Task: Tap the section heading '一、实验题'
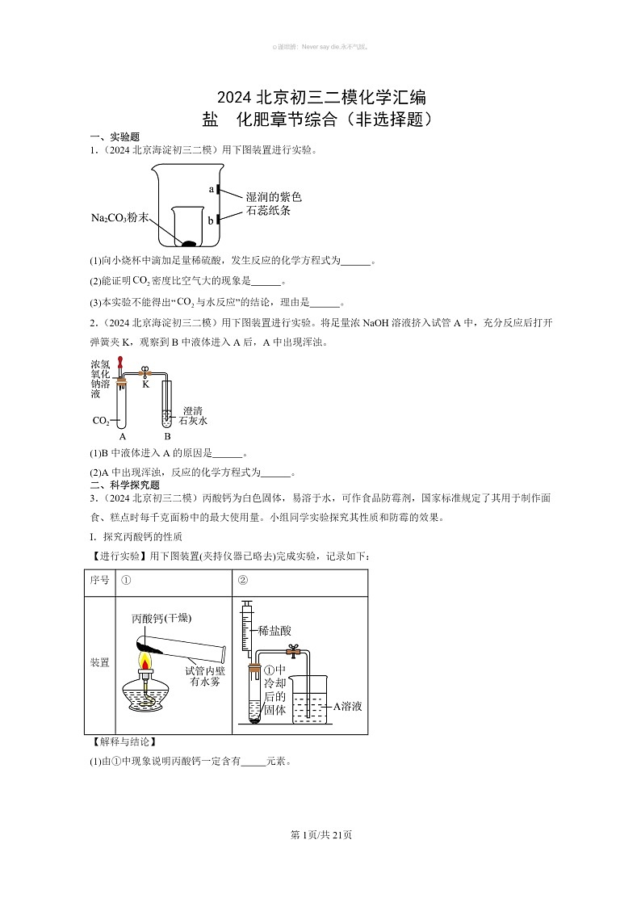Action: [x=115, y=137]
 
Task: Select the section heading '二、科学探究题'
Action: [x=124, y=485]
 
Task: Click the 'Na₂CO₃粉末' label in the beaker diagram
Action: [x=120, y=218]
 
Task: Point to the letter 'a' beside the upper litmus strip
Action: [x=211, y=189]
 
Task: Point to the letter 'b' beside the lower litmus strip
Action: [x=211, y=220]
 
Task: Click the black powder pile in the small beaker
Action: [x=188, y=242]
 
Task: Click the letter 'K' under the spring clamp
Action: [x=146, y=384]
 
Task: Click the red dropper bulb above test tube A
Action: [x=121, y=362]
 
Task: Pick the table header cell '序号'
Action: [x=99, y=582]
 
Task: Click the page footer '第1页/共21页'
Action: [x=320, y=834]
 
